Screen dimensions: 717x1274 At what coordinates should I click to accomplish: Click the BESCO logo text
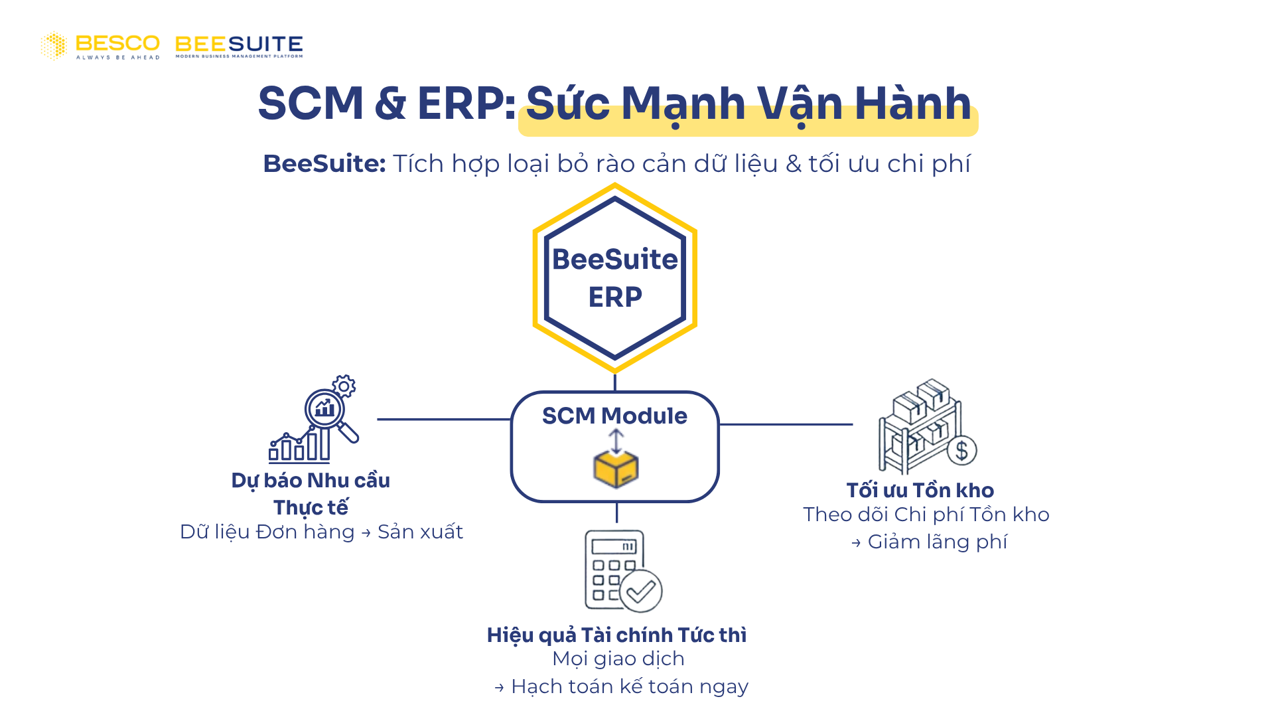[x=117, y=44]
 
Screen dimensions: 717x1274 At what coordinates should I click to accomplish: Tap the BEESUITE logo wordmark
[x=239, y=44]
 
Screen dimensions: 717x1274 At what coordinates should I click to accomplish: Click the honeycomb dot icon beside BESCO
[x=54, y=46]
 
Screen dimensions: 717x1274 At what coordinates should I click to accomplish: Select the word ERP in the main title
[x=460, y=104]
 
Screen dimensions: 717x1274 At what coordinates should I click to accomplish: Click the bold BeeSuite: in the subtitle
[x=324, y=163]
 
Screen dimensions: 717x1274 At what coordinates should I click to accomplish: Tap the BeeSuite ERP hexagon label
[x=615, y=278]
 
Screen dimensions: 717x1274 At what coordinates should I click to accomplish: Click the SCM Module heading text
[x=614, y=416]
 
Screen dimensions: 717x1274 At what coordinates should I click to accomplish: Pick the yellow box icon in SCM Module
[x=616, y=469]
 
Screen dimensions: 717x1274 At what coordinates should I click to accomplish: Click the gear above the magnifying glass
[x=344, y=386]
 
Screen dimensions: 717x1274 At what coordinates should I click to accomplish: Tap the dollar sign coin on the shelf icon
[x=961, y=451]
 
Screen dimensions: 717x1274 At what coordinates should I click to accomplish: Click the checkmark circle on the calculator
[x=641, y=590]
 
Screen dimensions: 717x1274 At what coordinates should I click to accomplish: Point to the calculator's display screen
[x=614, y=546]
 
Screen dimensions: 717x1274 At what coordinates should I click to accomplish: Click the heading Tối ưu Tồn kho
[x=920, y=490]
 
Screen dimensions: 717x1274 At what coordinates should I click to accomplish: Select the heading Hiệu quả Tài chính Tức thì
[x=616, y=635]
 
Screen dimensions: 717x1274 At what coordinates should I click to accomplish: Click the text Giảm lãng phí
[x=937, y=542]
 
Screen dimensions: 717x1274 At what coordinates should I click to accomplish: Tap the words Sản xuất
[x=420, y=532]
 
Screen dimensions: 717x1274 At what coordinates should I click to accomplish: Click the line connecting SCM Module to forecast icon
[x=443, y=420]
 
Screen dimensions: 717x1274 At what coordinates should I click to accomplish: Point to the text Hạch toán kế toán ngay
[x=629, y=686]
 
